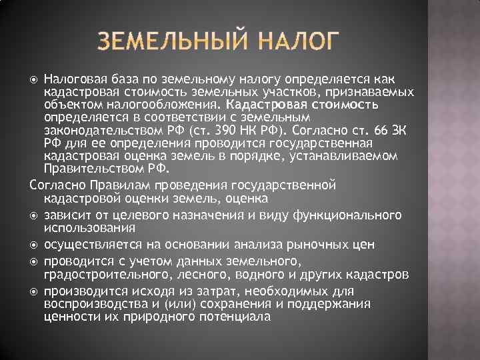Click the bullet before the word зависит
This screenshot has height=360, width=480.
[34, 215]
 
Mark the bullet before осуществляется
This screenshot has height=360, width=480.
[34, 245]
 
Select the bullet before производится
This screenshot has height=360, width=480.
[34, 291]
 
